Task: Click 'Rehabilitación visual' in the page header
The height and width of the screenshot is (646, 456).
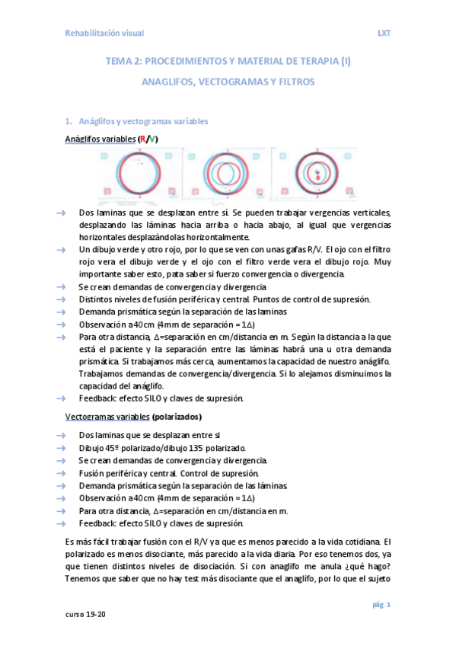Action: [x=104, y=34]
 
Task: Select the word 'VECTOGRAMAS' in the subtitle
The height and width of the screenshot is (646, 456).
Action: [x=228, y=82]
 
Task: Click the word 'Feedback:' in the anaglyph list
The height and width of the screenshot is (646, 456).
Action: [x=97, y=398]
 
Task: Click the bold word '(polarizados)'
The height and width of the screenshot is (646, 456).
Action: [x=177, y=417]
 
